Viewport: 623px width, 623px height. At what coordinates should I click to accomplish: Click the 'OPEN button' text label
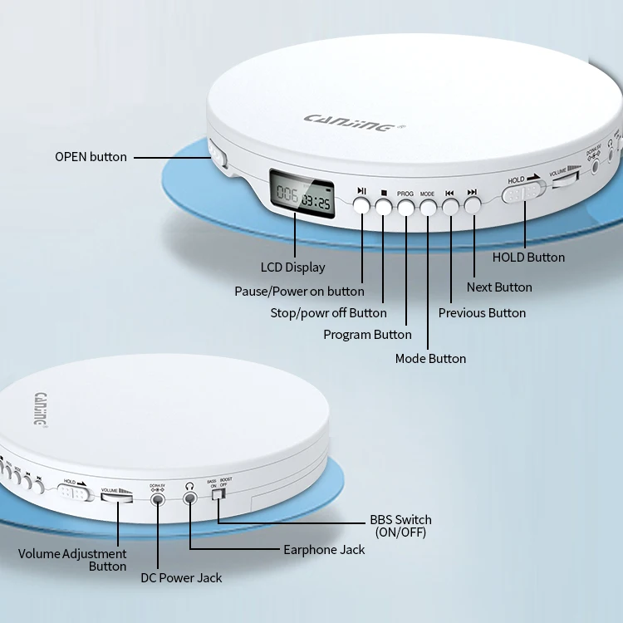[x=91, y=156]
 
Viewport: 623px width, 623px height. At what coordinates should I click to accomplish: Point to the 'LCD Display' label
[x=293, y=267]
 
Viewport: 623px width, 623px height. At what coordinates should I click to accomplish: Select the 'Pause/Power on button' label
[x=299, y=291]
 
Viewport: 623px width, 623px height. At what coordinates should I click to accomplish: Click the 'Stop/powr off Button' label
[x=328, y=312]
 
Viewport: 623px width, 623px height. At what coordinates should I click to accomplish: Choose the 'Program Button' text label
[x=367, y=334]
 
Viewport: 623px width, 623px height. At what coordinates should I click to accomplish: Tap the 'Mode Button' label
[x=430, y=358]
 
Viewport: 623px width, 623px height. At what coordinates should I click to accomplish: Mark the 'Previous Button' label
[x=482, y=312]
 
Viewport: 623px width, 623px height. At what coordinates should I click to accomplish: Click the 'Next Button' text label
[x=499, y=287]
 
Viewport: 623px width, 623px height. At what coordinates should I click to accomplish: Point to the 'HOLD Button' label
[x=528, y=257]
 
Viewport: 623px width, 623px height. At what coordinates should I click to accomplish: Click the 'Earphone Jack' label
[x=324, y=549]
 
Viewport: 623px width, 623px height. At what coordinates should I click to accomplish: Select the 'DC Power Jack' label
[x=180, y=577]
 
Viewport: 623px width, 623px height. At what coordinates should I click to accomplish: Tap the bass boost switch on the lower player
[x=218, y=495]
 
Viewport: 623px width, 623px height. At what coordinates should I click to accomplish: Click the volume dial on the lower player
[x=117, y=496]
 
